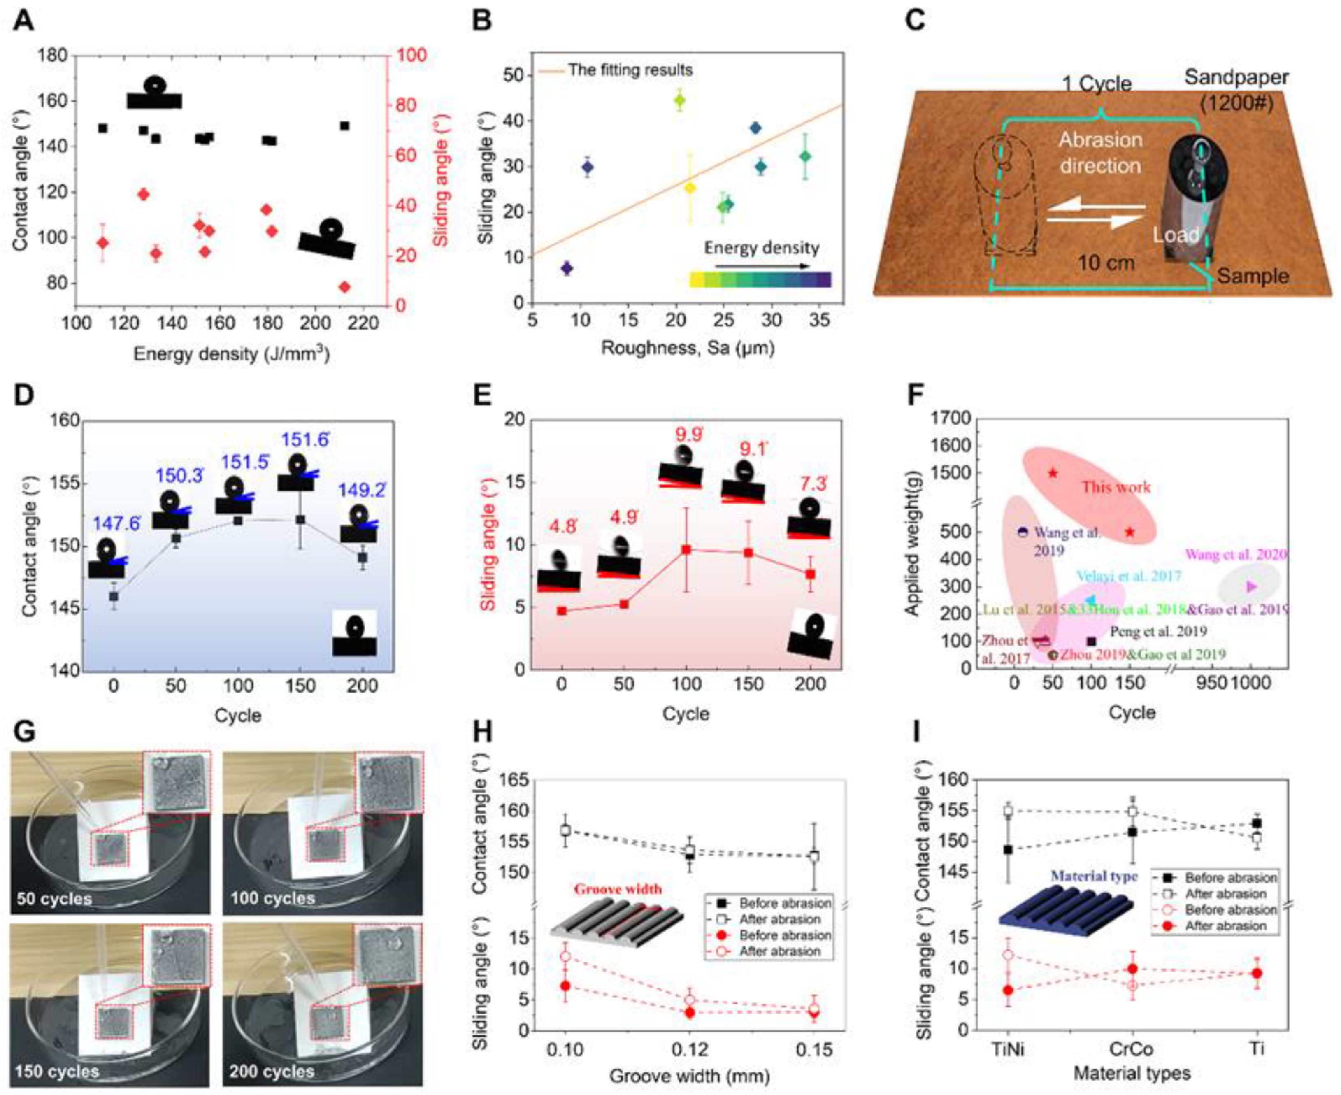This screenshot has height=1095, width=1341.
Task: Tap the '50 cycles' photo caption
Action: [x=54, y=898]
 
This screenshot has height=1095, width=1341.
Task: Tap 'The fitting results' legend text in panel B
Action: [x=630, y=70]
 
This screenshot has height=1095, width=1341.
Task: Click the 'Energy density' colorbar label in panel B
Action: [x=761, y=248]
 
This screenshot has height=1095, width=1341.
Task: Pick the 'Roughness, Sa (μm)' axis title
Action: [x=688, y=348]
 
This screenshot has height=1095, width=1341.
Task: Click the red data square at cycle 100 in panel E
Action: [x=686, y=549]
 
